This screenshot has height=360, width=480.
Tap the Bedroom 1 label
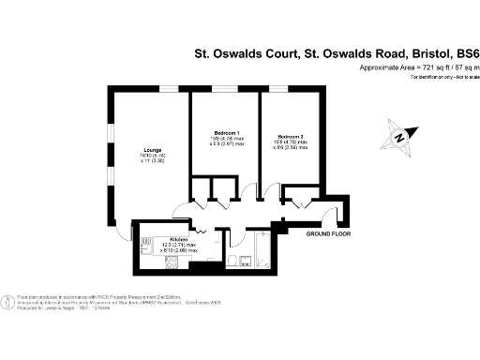[224, 132]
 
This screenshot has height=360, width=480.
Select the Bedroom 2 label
[284, 132]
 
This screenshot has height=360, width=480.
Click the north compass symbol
[400, 138]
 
